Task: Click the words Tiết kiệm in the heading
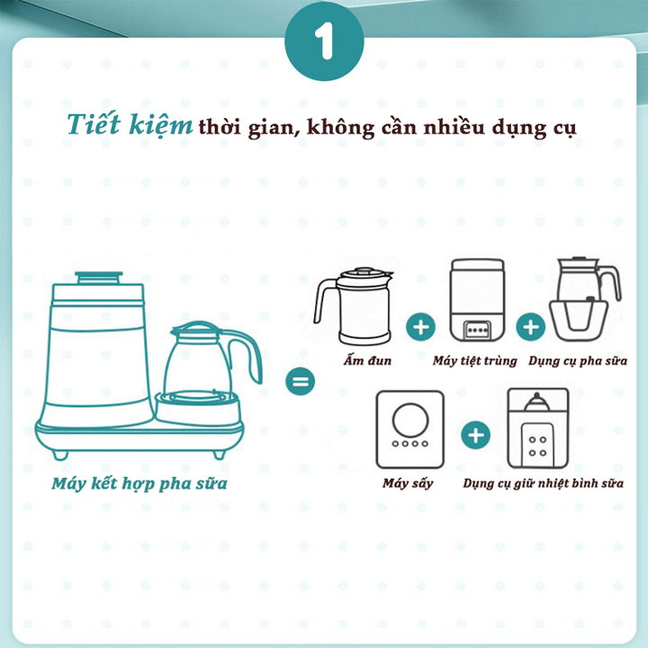[x=130, y=126]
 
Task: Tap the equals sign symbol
[x=301, y=382]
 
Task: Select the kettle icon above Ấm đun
[x=355, y=306]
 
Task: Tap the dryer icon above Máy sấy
[x=409, y=428]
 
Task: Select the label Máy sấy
[x=408, y=483]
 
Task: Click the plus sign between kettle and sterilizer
[x=419, y=326]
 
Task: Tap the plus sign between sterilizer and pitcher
[x=532, y=326]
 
